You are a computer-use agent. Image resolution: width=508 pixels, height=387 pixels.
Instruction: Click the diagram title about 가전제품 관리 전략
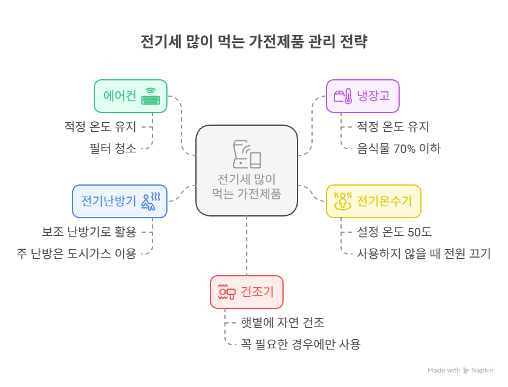pyautogui.click(x=254, y=42)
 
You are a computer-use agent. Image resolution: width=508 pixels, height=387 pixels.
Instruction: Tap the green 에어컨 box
pyautogui.click(x=130, y=96)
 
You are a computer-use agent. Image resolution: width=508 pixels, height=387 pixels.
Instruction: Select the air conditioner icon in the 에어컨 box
pyautogui.click(x=151, y=97)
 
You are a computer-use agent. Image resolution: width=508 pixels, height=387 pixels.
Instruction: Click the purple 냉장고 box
pyautogui.click(x=362, y=96)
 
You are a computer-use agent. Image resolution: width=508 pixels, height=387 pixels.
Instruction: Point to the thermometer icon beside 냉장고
pyautogui.click(x=343, y=97)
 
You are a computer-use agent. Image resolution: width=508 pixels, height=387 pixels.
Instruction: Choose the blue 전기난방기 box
pyautogui.click(x=120, y=201)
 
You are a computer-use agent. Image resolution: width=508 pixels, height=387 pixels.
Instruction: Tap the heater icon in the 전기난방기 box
pyautogui.click(x=151, y=201)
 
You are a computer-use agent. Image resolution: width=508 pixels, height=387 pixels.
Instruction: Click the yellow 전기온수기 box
pyautogui.click(x=373, y=201)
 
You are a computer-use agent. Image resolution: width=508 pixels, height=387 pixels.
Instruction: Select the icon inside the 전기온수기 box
pyautogui.click(x=343, y=201)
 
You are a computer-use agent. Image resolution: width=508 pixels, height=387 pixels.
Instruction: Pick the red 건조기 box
pyautogui.click(x=246, y=292)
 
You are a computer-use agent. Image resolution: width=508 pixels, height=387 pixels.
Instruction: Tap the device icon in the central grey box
pyautogui.click(x=247, y=154)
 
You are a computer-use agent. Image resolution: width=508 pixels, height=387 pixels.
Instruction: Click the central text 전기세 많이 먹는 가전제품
pyautogui.click(x=247, y=186)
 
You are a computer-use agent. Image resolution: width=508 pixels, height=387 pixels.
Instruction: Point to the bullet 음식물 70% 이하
pyautogui.click(x=399, y=149)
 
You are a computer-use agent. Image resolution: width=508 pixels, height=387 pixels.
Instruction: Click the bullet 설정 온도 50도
pyautogui.click(x=394, y=232)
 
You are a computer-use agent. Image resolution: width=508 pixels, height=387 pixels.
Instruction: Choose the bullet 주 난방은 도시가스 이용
pyautogui.click(x=76, y=253)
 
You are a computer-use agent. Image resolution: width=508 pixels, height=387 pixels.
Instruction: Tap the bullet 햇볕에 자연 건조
pyautogui.click(x=279, y=324)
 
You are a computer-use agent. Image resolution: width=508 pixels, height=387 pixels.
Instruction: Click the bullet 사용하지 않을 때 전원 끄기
pyautogui.click(x=423, y=253)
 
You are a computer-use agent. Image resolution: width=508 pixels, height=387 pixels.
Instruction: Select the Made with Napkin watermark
pyautogui.click(x=461, y=370)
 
